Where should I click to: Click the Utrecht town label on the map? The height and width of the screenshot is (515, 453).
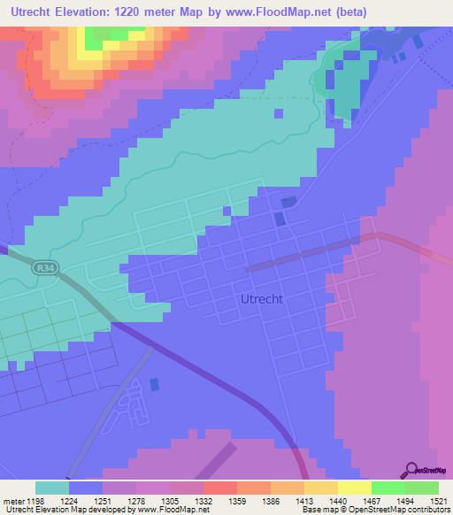pyautogui.click(x=262, y=299)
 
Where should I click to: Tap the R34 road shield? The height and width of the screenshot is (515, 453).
pyautogui.click(x=44, y=266)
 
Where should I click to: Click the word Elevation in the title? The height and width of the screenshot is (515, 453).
pyautogui.click(x=92, y=12)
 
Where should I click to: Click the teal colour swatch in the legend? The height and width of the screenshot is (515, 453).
pyautogui.click(x=52, y=488)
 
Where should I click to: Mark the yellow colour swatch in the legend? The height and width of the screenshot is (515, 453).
pyautogui.click(x=354, y=488)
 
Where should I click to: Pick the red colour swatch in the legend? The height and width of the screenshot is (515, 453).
pyautogui.click(x=219, y=488)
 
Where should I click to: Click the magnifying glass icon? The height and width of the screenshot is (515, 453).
pyautogui.click(x=410, y=470)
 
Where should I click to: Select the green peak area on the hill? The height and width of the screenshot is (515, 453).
pyautogui.click(x=111, y=35)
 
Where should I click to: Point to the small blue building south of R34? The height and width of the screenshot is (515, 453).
pyautogui.click(x=156, y=384)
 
